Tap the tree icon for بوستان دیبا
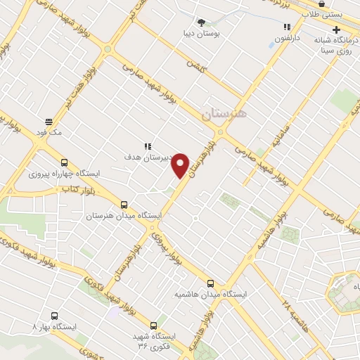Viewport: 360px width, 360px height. [x=202, y=23]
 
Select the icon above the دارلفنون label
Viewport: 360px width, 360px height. [x=286, y=26]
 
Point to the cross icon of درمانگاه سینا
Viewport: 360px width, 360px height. [x=336, y=30]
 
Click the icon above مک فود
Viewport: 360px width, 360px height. [x=48, y=120]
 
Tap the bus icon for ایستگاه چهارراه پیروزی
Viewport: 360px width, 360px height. [x=65, y=162]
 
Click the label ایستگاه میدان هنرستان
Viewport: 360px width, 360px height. [x=124, y=215]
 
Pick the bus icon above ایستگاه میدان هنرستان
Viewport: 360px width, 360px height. [x=124, y=204]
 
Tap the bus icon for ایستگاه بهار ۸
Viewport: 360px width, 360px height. [x=55, y=316]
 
